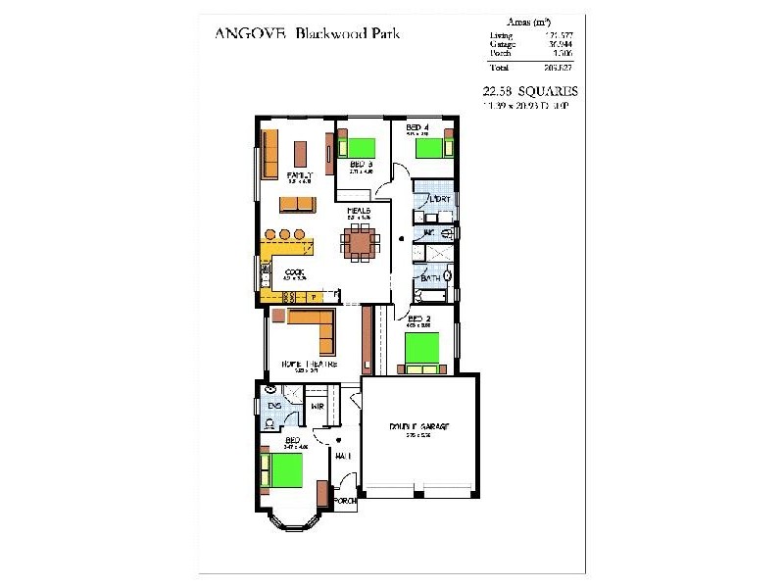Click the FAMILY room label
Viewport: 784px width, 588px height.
(x=298, y=175)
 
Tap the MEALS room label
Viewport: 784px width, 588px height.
(x=357, y=210)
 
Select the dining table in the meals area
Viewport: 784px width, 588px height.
(x=359, y=239)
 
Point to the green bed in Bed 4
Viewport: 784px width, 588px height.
(x=428, y=148)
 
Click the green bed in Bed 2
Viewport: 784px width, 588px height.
(x=421, y=348)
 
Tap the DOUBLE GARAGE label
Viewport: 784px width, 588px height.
(x=418, y=427)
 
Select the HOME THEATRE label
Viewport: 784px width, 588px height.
(x=309, y=364)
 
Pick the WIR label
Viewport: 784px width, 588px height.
(x=318, y=405)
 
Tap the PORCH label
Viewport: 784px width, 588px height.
(x=344, y=500)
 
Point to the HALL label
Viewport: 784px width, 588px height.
(x=343, y=456)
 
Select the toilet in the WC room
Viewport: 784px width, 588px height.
(x=446, y=234)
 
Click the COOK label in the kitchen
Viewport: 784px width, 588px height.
(x=294, y=272)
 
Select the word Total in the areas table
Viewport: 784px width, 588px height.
(x=501, y=67)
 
